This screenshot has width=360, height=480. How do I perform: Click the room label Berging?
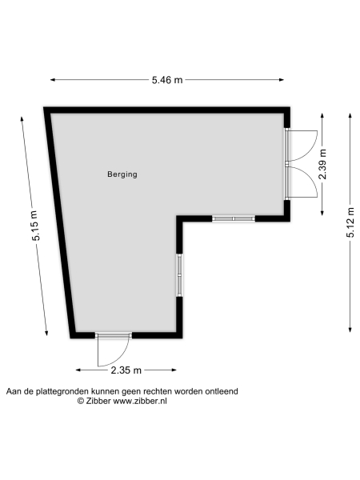point(122,174)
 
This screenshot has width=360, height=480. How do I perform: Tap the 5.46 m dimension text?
point(167,79)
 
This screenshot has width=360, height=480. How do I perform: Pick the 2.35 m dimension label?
point(126,370)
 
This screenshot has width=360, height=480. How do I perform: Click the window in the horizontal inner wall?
point(234,218)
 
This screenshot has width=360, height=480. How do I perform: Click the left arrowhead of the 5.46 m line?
point(52,79)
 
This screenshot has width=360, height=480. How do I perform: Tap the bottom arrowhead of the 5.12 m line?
point(350,330)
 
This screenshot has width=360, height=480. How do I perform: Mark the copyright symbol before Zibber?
point(80,401)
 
